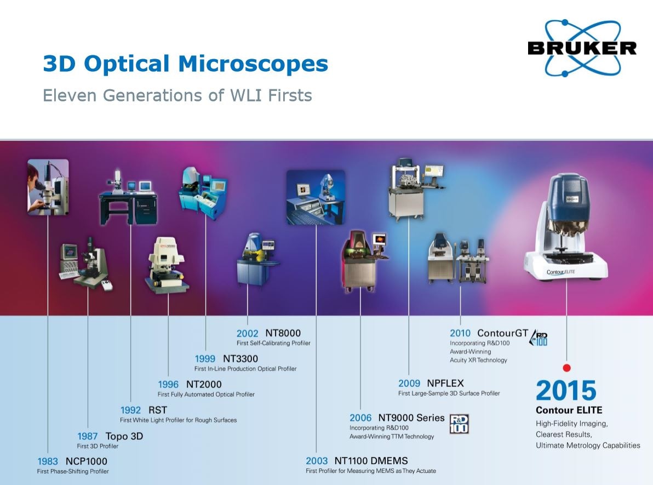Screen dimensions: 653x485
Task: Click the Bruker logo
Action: [582, 48]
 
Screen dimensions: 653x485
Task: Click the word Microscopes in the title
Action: [253, 64]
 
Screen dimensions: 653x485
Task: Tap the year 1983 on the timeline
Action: [48, 461]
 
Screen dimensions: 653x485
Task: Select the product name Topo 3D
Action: [124, 436]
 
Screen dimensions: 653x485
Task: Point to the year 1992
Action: [130, 410]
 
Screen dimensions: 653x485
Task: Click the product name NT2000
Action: [204, 384]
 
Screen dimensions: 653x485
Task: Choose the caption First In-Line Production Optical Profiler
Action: [245, 369]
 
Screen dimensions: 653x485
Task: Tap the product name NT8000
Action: [283, 333]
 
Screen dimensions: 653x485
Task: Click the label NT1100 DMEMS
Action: [371, 461]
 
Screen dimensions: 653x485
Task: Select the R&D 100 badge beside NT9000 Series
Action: [459, 424]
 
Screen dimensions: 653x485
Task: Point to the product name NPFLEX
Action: [445, 383]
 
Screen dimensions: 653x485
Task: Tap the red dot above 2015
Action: [566, 368]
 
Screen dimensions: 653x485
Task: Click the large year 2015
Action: [566, 390]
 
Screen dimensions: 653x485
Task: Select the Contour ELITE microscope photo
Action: [566, 227]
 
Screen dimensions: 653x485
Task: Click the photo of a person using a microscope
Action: [48, 187]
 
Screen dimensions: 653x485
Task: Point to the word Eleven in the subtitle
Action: [70, 95]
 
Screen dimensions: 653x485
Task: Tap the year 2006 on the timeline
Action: [360, 418]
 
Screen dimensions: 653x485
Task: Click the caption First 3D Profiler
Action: [98, 446]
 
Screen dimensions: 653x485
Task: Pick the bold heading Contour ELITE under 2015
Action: [569, 410]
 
